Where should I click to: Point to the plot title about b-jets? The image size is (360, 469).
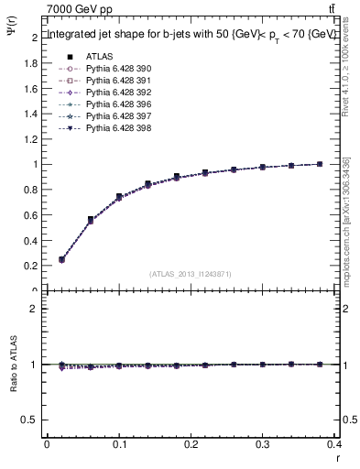[190, 34]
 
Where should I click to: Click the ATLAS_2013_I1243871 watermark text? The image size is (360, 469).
[190, 274]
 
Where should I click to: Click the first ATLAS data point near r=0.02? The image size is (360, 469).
[61, 259]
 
